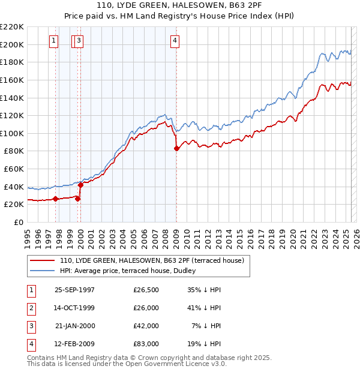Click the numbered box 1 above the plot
click(54, 41)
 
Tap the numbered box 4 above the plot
click(175, 41)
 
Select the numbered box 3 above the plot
click(79, 41)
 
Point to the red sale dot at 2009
click(176, 148)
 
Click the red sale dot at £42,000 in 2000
click(80, 185)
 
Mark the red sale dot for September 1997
click(56, 199)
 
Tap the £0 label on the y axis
click(18, 222)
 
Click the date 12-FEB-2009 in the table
click(74, 344)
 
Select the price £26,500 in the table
click(146, 290)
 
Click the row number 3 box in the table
click(30, 326)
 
